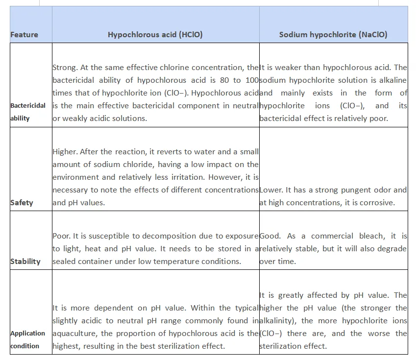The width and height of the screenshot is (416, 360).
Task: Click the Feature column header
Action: coord(24,35)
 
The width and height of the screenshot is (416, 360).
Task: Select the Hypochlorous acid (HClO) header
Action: coord(155,35)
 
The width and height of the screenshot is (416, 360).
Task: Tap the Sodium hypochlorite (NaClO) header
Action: coord(333,35)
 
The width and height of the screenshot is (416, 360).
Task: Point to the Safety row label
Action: coord(22,202)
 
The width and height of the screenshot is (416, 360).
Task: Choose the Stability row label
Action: coord(25,261)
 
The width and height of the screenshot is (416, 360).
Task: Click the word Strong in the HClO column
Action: coord(64,68)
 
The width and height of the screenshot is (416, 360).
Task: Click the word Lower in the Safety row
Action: coord(270,190)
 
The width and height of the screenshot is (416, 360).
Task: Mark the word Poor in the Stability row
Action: coord(61,236)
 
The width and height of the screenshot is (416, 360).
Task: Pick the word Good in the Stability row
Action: coord(270,236)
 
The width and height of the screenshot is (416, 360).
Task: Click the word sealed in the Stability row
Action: coord(64,261)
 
